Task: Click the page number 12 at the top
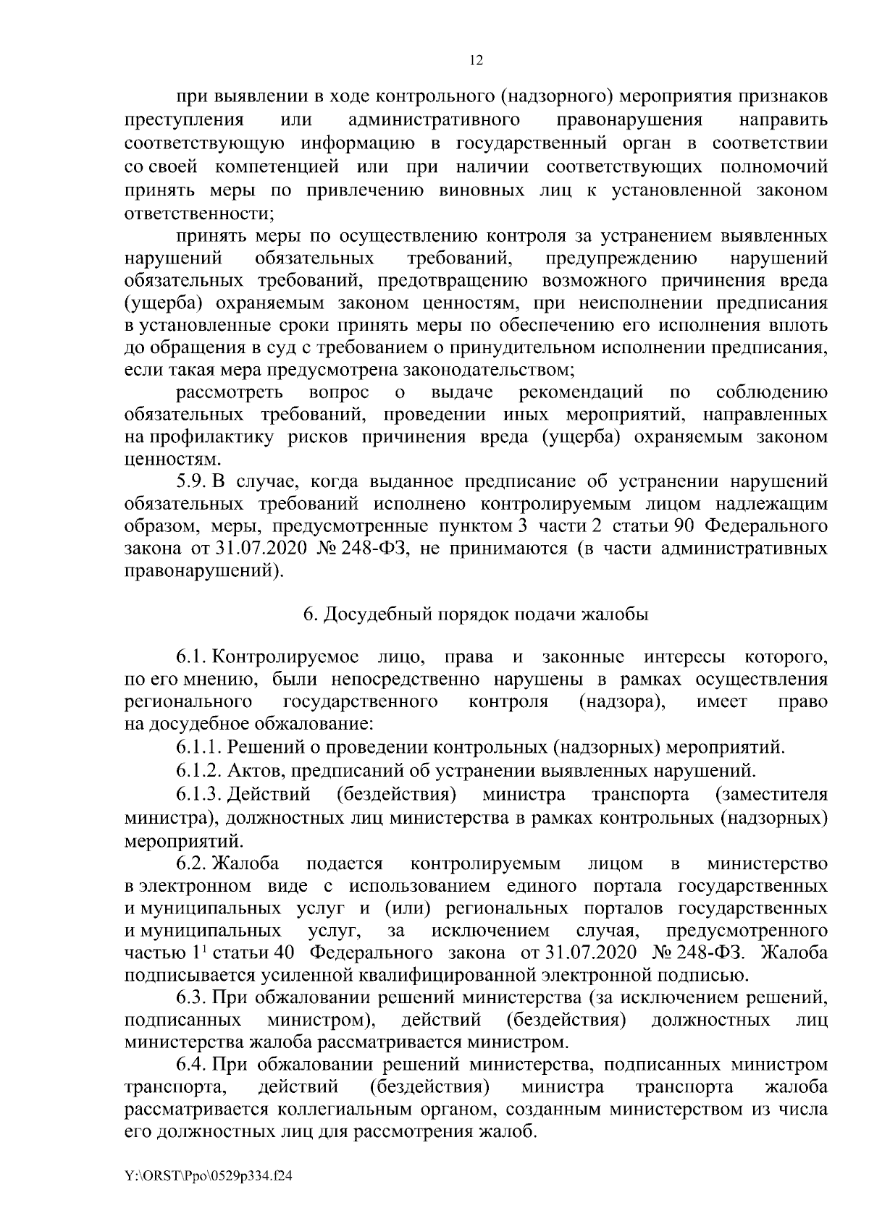click(x=476, y=61)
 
